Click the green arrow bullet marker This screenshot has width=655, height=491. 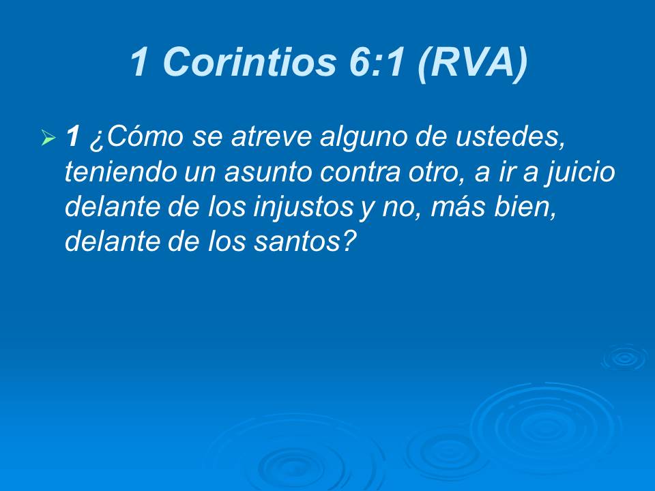pos(48,139)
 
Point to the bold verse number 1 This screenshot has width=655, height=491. pos(73,138)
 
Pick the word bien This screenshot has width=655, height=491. pos(530,208)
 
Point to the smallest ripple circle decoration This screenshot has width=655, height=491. pos(623,357)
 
